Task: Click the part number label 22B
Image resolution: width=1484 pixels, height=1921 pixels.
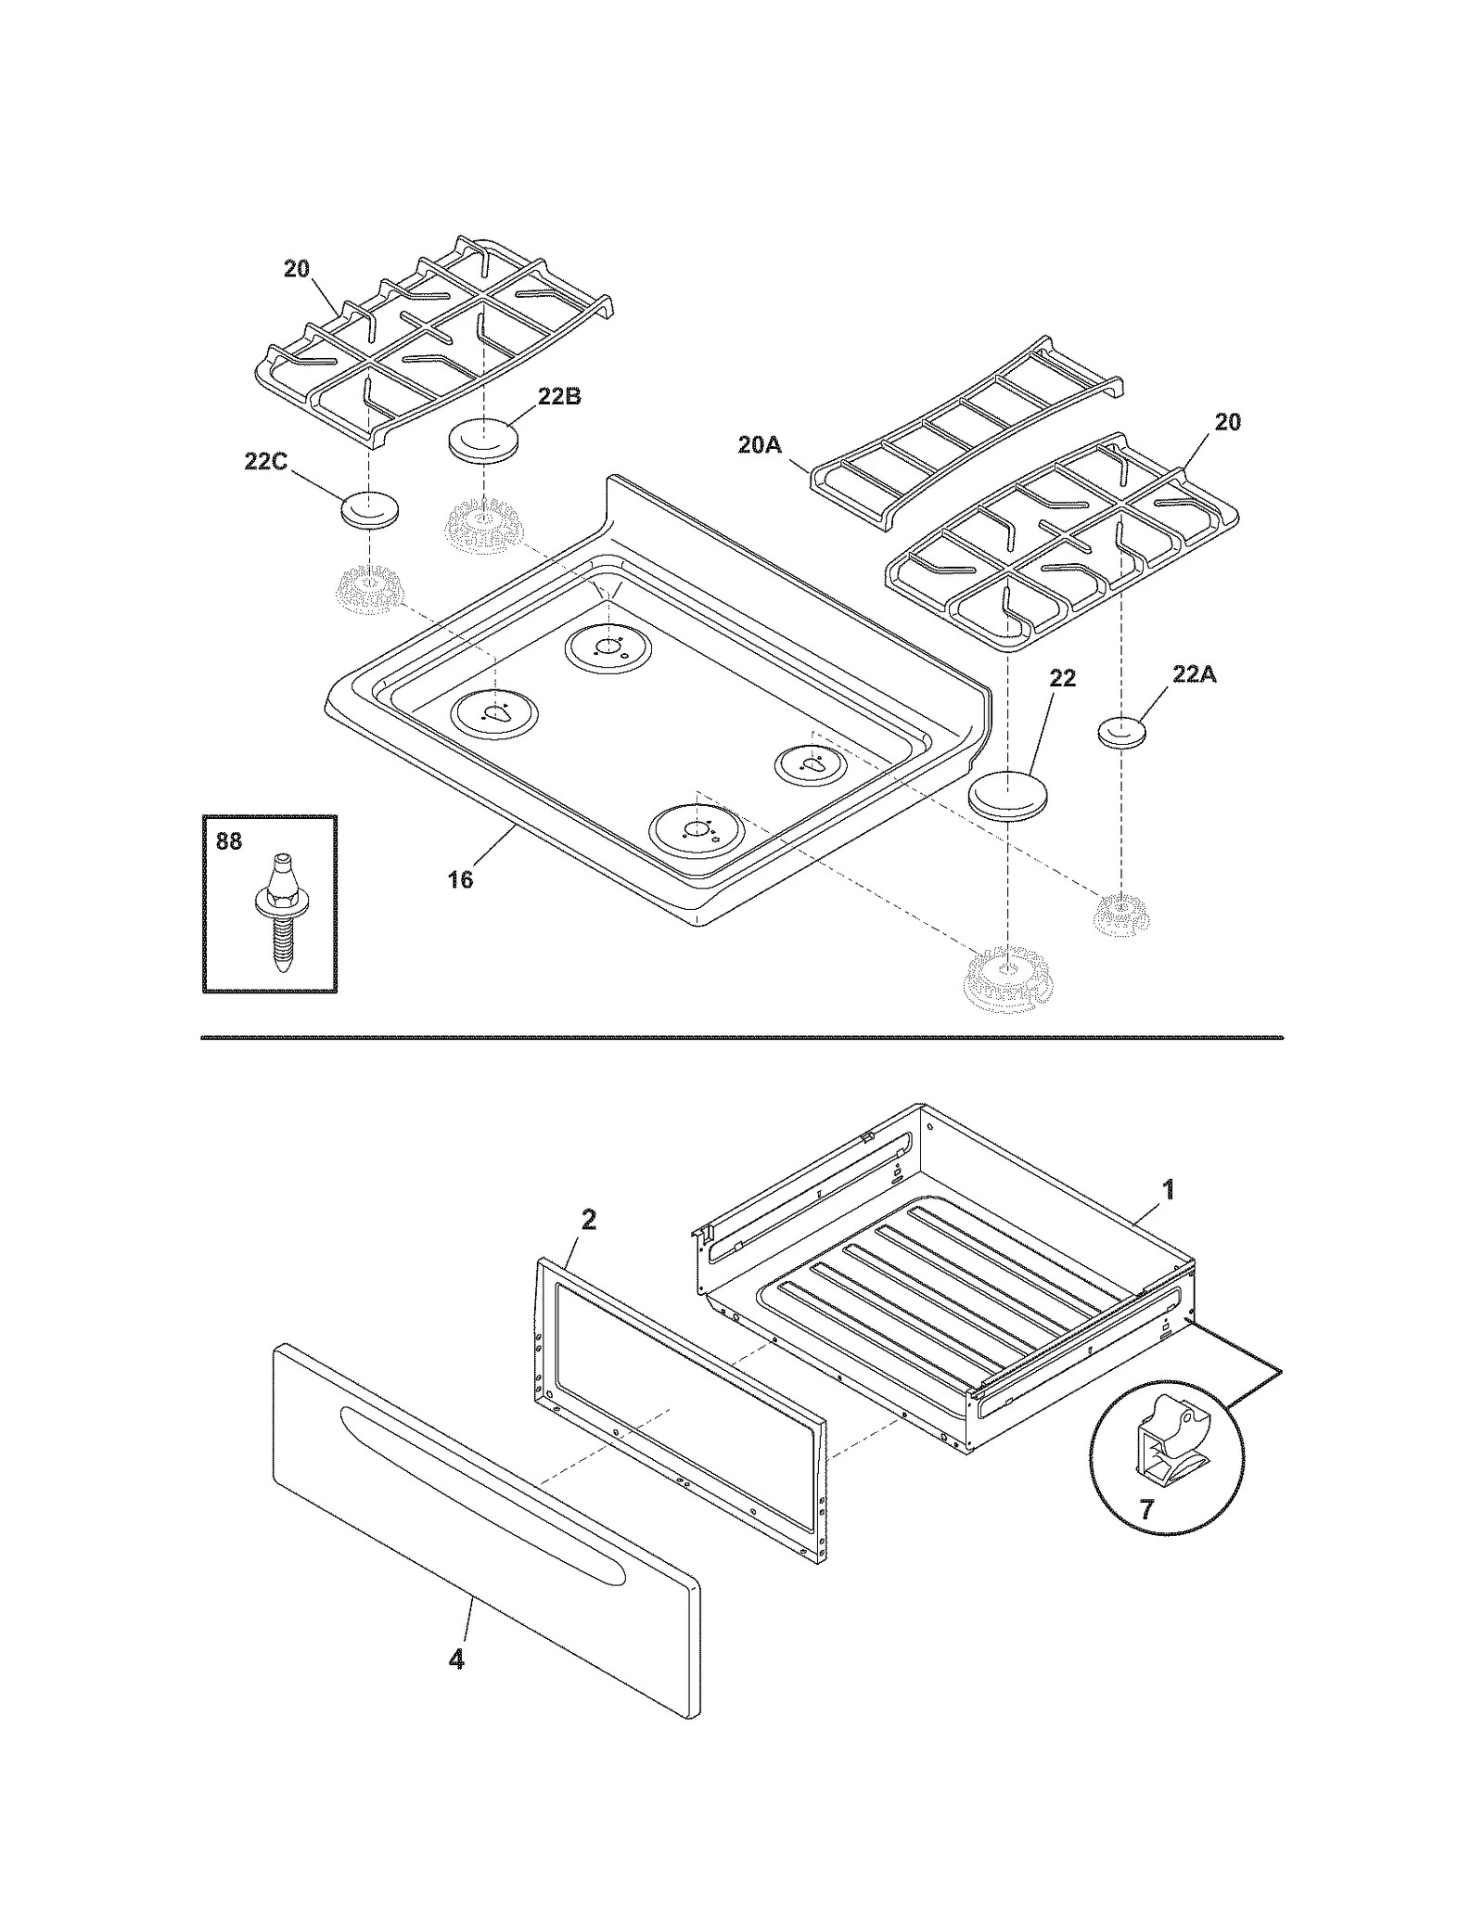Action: point(558,396)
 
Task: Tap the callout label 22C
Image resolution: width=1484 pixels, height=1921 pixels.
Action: point(265,461)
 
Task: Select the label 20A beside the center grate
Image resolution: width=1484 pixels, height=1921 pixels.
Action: point(760,445)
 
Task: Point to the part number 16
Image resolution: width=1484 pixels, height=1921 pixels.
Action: point(460,878)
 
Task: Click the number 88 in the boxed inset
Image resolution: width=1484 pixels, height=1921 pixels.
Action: point(228,840)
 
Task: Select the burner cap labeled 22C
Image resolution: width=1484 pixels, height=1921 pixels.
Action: point(370,510)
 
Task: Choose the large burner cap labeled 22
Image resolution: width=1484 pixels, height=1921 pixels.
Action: point(1008,796)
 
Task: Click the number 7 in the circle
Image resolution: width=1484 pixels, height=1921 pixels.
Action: point(1146,1510)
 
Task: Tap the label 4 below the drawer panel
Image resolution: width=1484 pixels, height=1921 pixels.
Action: point(455,1658)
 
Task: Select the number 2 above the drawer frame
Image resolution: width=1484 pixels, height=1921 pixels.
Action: point(588,1220)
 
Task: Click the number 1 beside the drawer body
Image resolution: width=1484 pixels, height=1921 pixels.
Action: point(1169,1188)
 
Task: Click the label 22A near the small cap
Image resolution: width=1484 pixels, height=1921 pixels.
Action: point(1194,674)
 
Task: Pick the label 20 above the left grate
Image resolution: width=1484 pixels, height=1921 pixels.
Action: point(296,269)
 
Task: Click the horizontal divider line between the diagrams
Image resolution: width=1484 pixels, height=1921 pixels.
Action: point(742,1037)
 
